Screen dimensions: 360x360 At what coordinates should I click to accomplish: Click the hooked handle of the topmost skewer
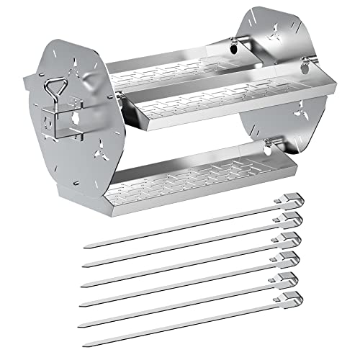288,199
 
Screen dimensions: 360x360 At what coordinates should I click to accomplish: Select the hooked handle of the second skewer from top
288,218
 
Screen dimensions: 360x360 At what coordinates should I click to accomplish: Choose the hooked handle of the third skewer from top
288,238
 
